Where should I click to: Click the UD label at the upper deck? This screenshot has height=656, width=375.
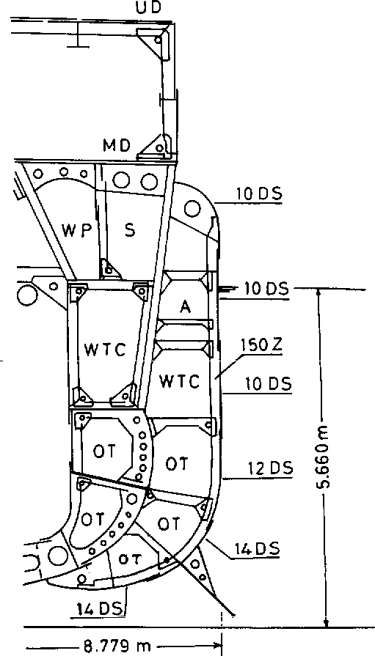click(149, 7)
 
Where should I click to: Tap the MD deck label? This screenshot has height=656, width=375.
click(117, 146)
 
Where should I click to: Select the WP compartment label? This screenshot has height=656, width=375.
click(76, 230)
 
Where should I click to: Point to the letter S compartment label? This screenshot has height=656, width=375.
click(131, 229)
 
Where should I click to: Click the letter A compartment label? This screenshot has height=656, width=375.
click(185, 306)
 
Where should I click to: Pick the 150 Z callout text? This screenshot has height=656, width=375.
click(262, 345)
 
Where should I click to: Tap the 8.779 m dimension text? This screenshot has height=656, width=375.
click(117, 646)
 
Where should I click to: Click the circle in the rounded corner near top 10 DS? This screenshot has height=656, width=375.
click(192, 208)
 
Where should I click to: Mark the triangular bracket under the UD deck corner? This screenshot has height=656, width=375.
click(154, 42)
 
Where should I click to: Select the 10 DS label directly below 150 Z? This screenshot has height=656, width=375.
click(269, 384)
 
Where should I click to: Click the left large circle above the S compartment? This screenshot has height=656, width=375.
click(122, 181)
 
